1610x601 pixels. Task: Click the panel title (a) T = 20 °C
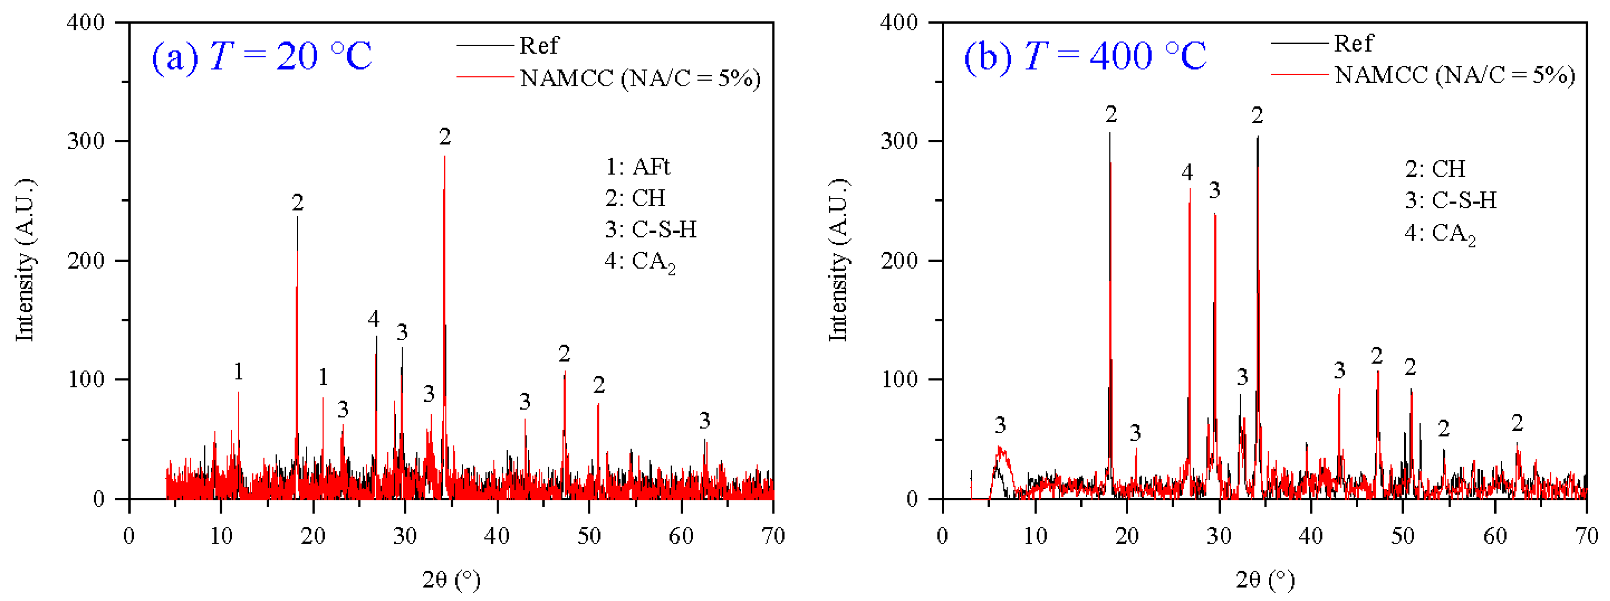(261, 56)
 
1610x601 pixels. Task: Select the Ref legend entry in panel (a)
(539, 46)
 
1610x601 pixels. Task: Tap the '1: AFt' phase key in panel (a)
(638, 167)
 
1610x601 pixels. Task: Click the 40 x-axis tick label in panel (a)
(497, 536)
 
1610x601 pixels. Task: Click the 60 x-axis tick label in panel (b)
(1495, 536)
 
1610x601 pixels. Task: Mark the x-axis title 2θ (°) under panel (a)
(451, 580)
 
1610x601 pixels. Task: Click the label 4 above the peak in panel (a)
(374, 319)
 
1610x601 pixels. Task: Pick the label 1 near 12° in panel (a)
(238, 371)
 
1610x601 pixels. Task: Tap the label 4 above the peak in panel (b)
(1187, 172)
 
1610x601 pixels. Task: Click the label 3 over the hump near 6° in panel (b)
(1000, 425)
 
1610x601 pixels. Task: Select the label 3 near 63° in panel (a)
(704, 421)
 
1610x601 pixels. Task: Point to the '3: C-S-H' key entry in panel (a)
(650, 230)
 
